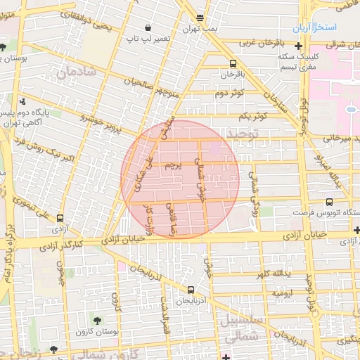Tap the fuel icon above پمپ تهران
point(200,18)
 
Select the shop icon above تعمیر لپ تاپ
point(148,27)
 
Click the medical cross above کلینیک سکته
point(300,46)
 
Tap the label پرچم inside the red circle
point(173,167)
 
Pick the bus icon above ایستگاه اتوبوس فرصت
point(330,202)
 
